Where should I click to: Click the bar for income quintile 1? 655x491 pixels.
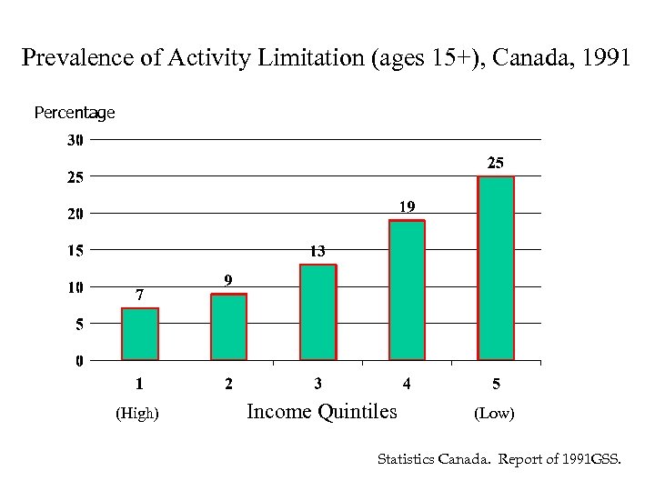[140, 335]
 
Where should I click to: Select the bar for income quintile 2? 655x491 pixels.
[228, 327]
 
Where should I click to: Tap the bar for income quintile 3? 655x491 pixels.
[317, 313]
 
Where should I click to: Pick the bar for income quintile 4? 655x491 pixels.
[407, 291]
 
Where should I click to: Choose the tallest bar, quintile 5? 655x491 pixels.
[496, 269]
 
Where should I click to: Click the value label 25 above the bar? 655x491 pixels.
[496, 163]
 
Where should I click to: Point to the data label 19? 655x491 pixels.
[407, 206]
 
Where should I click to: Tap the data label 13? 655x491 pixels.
[317, 251]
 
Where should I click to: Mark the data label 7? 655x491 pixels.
[139, 295]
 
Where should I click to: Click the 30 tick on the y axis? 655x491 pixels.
[74, 140]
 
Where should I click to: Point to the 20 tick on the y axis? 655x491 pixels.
[74, 214]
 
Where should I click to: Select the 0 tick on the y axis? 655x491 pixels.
[79, 361]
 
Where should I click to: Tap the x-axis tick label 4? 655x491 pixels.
[407, 384]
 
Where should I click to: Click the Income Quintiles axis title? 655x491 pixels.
[322, 412]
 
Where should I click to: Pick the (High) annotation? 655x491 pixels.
[137, 414]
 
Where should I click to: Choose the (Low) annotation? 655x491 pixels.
[494, 414]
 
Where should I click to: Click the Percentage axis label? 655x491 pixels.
[75, 113]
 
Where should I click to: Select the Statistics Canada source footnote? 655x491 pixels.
[499, 460]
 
